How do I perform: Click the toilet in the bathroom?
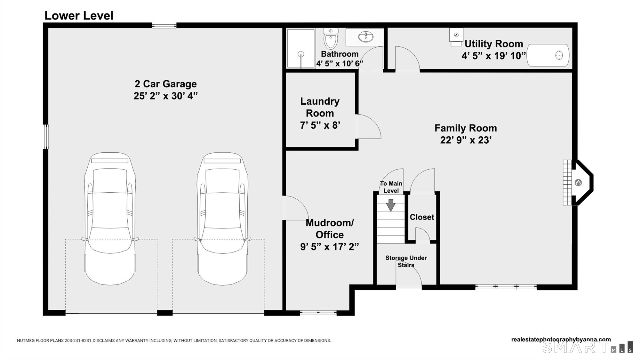331,38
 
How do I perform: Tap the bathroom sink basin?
365,37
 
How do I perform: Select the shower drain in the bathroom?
301,54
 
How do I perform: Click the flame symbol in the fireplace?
578,183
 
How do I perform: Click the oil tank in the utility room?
548,55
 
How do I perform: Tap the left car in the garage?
110,219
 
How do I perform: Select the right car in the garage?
222,219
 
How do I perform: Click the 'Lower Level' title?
79,16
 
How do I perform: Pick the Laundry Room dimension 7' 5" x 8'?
320,125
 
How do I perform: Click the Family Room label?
466,128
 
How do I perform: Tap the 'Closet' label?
422,217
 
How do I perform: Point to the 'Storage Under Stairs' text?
406,261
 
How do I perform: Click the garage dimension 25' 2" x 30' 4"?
165,96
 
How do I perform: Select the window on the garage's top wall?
164,26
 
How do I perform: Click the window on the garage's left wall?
46,137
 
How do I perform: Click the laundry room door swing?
368,126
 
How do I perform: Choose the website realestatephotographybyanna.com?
561,340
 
